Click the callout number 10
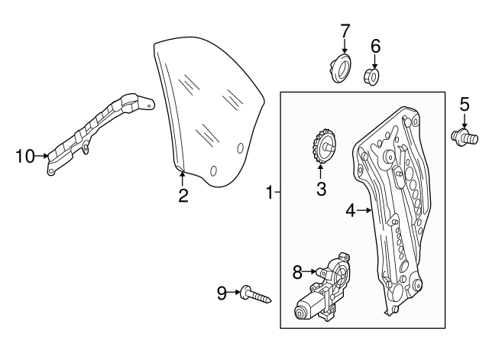tap(25, 156)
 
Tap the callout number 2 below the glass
tap(183, 196)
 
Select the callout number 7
tap(345, 31)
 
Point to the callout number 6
tap(375, 46)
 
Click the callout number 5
tap(465, 105)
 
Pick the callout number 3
tap(321, 189)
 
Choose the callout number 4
tap(351, 210)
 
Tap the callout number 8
tap(297, 272)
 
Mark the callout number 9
tap(222, 294)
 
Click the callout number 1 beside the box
tap(270, 192)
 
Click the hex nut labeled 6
tap(372, 77)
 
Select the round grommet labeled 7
tap(342, 68)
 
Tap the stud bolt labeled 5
tap(465, 138)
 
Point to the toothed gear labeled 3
tap(323, 146)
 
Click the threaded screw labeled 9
tap(255, 294)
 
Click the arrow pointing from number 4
tap(364, 210)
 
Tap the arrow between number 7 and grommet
tap(345, 46)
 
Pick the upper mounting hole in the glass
tap(240, 148)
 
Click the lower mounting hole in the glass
tap(214, 170)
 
